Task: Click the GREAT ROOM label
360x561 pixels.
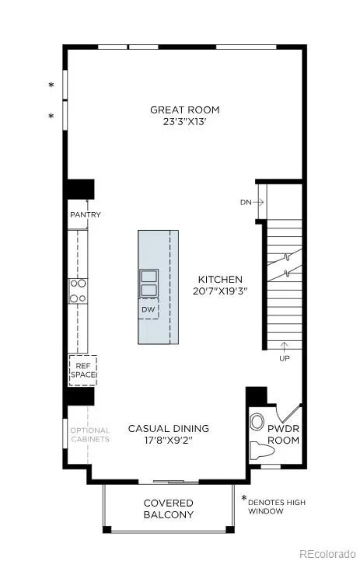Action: (x=184, y=110)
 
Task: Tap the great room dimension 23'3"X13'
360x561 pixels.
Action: (x=185, y=122)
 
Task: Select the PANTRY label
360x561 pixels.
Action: (x=86, y=214)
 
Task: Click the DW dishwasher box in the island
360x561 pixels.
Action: (x=149, y=308)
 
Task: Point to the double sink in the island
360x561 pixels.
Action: (x=149, y=283)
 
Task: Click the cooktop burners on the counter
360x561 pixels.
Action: (x=78, y=291)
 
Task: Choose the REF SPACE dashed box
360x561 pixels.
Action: (x=83, y=371)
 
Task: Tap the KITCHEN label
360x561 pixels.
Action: (x=220, y=280)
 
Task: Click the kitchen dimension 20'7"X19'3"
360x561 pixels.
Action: (x=220, y=291)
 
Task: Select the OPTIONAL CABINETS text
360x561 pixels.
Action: (x=90, y=434)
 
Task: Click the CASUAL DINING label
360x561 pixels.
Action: (x=169, y=428)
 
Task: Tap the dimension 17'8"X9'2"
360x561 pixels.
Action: (x=169, y=440)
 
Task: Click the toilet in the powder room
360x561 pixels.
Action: (x=262, y=450)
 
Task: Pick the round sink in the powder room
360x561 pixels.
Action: (x=257, y=422)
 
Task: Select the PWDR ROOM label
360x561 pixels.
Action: (x=284, y=434)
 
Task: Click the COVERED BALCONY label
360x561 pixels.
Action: (x=169, y=509)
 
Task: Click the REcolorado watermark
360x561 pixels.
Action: (x=327, y=553)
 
